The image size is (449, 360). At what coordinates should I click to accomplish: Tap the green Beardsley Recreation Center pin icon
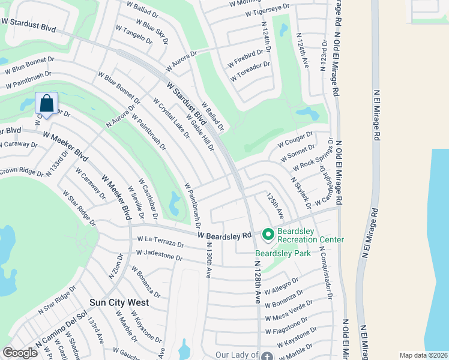[x=268, y=233]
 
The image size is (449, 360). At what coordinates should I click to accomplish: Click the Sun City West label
[x=119, y=302]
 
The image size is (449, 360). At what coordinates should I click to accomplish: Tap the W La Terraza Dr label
[x=160, y=242]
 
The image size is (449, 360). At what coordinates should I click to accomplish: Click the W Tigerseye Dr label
[x=259, y=7]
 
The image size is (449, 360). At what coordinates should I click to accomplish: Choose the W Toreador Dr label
[x=250, y=71]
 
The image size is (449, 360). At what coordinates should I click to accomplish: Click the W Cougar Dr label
[x=295, y=140]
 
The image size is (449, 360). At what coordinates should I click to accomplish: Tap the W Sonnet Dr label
[x=298, y=153]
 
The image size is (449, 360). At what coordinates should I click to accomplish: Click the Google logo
[x=20, y=353]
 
